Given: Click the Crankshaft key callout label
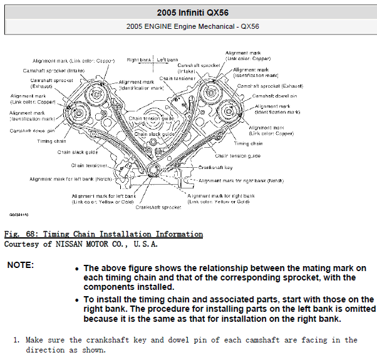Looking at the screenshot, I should coord(216,168).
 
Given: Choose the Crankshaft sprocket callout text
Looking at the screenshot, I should coord(158,207).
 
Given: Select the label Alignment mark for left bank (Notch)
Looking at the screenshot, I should coord(71,179).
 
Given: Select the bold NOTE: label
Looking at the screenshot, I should coord(21,265).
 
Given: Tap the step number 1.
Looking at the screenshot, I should coord(17,340).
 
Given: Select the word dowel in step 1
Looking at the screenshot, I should coord(180,340).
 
